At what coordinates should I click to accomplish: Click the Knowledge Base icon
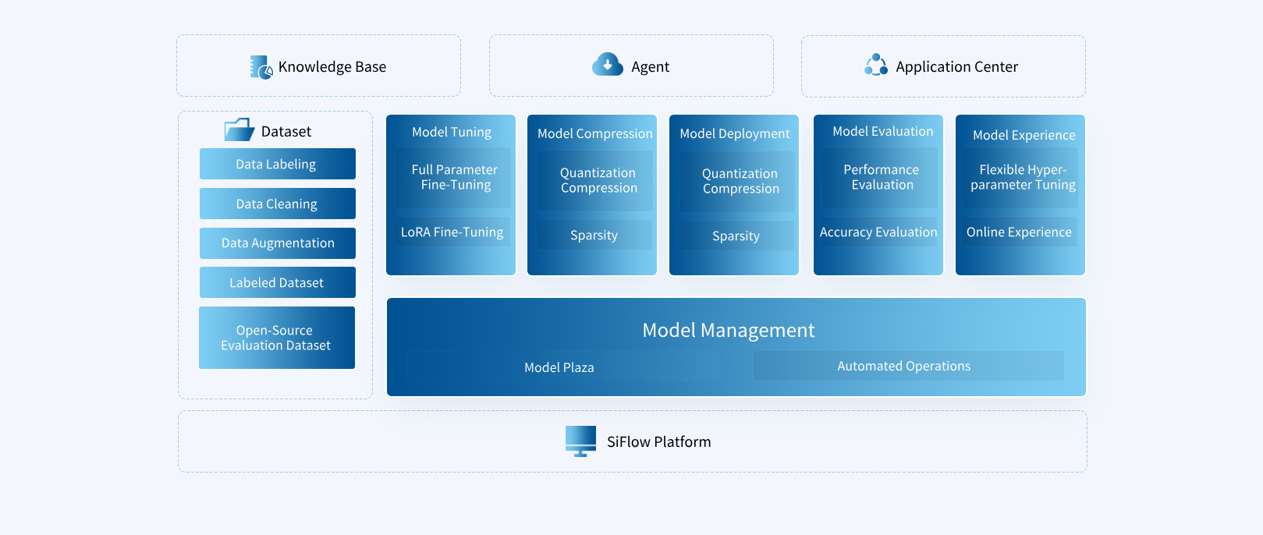click(x=261, y=67)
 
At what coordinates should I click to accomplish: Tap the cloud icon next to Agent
click(x=607, y=64)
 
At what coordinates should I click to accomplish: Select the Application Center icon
click(x=875, y=64)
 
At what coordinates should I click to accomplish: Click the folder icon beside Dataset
click(x=239, y=129)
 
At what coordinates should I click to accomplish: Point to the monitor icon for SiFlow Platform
click(x=580, y=441)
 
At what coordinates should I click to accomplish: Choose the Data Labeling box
click(x=278, y=164)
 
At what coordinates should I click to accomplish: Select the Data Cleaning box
click(x=278, y=204)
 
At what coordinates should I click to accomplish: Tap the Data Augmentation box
click(x=278, y=243)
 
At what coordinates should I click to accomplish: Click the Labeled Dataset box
click(x=278, y=282)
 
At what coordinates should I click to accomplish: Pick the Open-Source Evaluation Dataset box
click(x=277, y=338)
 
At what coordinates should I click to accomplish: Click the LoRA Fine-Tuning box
click(x=452, y=232)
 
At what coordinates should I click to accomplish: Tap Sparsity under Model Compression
click(x=594, y=235)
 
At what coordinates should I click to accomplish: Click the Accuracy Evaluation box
click(x=879, y=232)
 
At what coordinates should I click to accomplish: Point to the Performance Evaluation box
click(x=880, y=178)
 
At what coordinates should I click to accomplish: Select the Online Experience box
click(x=1020, y=232)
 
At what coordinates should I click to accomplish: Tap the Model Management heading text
click(x=729, y=331)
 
